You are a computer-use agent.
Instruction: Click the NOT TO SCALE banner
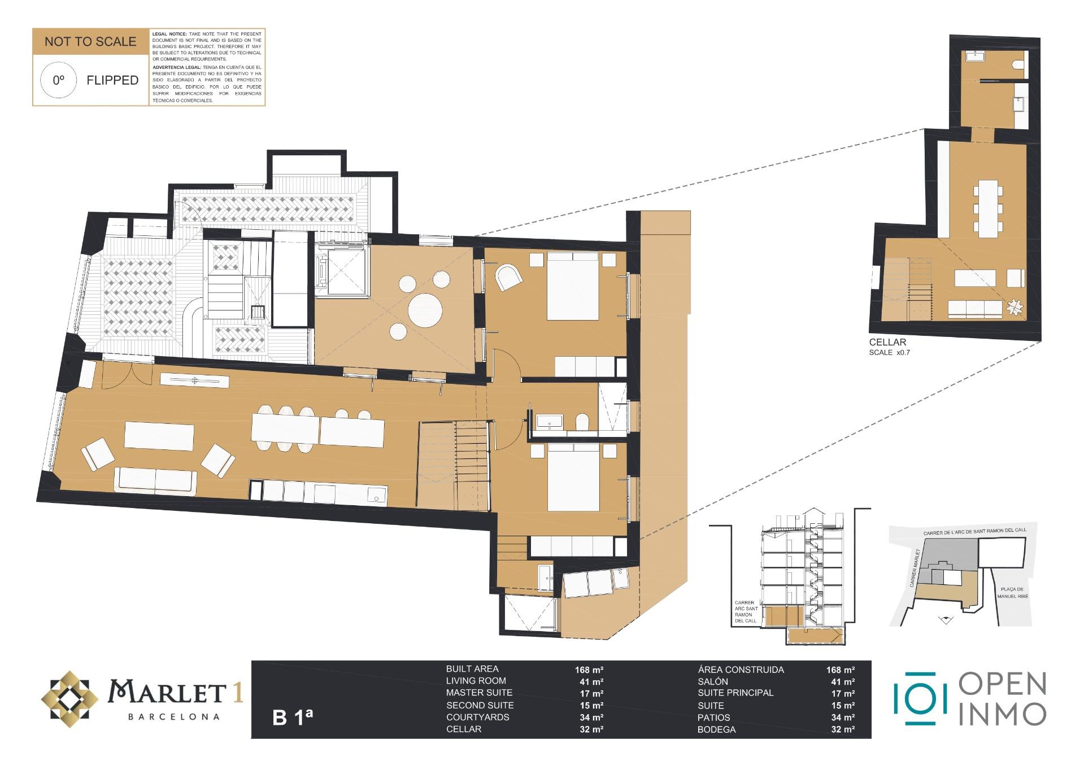coord(90,42)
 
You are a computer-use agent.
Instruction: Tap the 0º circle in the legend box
coord(59,80)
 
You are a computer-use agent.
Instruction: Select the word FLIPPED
coord(112,80)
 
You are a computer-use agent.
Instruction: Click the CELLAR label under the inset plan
coord(887,342)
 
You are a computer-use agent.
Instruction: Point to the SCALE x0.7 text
coord(890,353)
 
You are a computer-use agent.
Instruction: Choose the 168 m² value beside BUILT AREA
coord(589,670)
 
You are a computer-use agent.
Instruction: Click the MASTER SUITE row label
coord(479,693)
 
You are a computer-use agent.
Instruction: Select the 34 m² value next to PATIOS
coord(840,717)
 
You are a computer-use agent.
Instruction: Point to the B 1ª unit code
coord(292,717)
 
